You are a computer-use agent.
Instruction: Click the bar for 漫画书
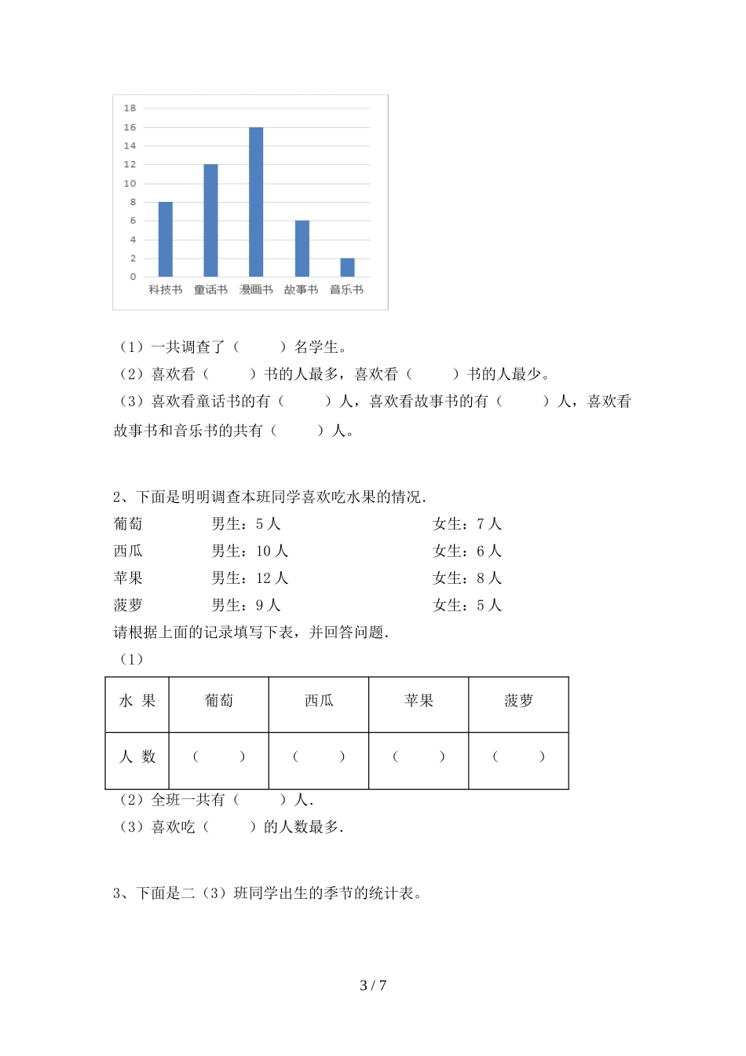click(x=256, y=202)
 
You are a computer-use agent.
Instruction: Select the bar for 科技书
click(x=165, y=240)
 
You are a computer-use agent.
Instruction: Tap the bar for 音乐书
click(x=347, y=267)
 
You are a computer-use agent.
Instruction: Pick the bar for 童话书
click(x=210, y=221)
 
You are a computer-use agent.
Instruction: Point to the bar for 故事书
click(x=302, y=248)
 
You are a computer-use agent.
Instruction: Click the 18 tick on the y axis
click(x=130, y=108)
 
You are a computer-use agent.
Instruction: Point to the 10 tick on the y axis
click(x=130, y=183)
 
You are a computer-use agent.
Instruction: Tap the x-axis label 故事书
click(x=302, y=290)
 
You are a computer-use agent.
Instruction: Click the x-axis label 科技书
click(x=165, y=290)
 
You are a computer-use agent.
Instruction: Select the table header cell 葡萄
click(x=218, y=701)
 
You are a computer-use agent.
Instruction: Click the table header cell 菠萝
click(x=518, y=701)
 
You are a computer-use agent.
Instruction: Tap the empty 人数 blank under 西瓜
click(x=318, y=757)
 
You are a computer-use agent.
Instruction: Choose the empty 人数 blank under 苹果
click(x=419, y=757)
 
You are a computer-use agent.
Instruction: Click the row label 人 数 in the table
click(x=137, y=757)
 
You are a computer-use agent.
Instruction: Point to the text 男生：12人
click(x=250, y=578)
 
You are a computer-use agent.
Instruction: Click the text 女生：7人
click(x=467, y=524)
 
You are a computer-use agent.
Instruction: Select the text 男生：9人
click(x=246, y=606)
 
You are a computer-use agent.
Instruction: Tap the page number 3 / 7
click(x=373, y=985)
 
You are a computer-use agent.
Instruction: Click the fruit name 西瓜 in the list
click(x=128, y=552)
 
